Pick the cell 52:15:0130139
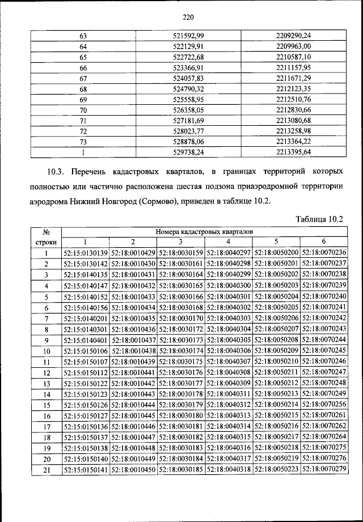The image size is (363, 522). tap(86, 253)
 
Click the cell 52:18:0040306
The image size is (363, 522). tap(229, 350)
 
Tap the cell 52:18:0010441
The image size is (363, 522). tap(134, 372)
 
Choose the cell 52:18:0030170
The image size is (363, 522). tap(181, 318)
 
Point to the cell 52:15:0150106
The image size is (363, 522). tap(86, 350)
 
